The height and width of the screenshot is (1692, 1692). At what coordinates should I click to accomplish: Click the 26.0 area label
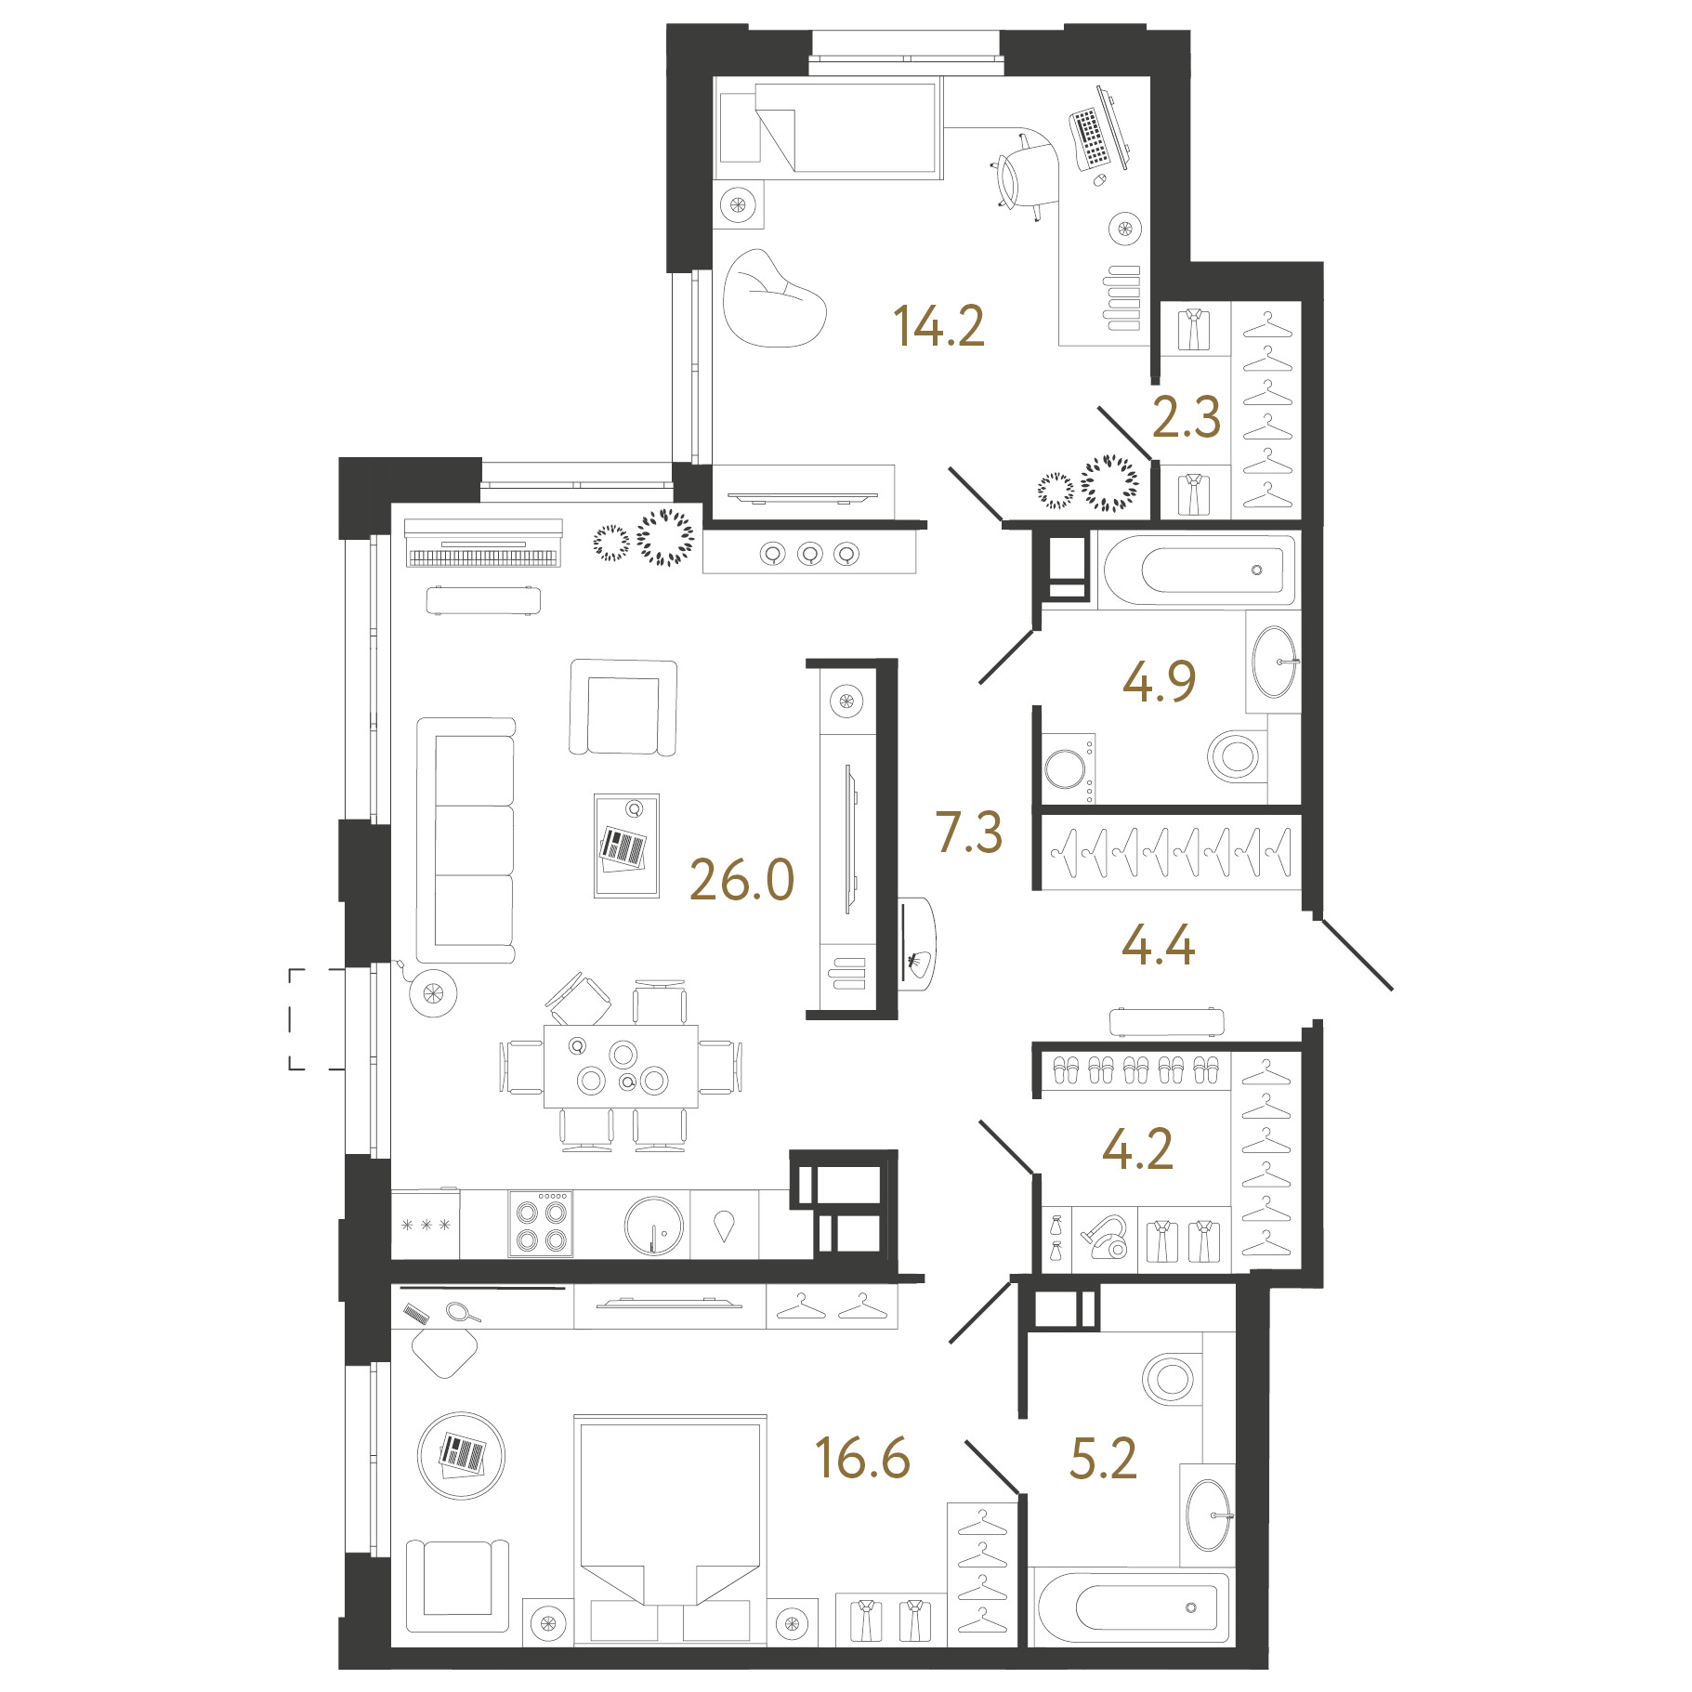click(741, 880)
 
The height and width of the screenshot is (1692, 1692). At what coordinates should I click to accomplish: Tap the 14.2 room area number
click(938, 326)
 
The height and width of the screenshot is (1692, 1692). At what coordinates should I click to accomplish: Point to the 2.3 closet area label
click(1186, 417)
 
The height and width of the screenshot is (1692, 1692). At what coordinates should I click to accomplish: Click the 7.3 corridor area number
click(969, 832)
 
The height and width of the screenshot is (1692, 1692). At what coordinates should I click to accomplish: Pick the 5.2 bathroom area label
click(1103, 1459)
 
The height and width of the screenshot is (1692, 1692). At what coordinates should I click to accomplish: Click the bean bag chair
click(773, 299)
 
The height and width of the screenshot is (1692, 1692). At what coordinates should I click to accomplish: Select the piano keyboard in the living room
click(483, 544)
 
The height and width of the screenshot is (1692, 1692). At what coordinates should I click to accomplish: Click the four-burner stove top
click(541, 1224)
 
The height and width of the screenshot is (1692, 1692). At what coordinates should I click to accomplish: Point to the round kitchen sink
click(654, 1225)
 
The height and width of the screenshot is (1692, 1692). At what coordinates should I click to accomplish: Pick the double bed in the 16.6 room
click(670, 1529)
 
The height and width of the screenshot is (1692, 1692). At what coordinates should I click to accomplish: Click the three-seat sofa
click(466, 840)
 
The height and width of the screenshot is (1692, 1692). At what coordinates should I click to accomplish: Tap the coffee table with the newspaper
click(626, 846)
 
